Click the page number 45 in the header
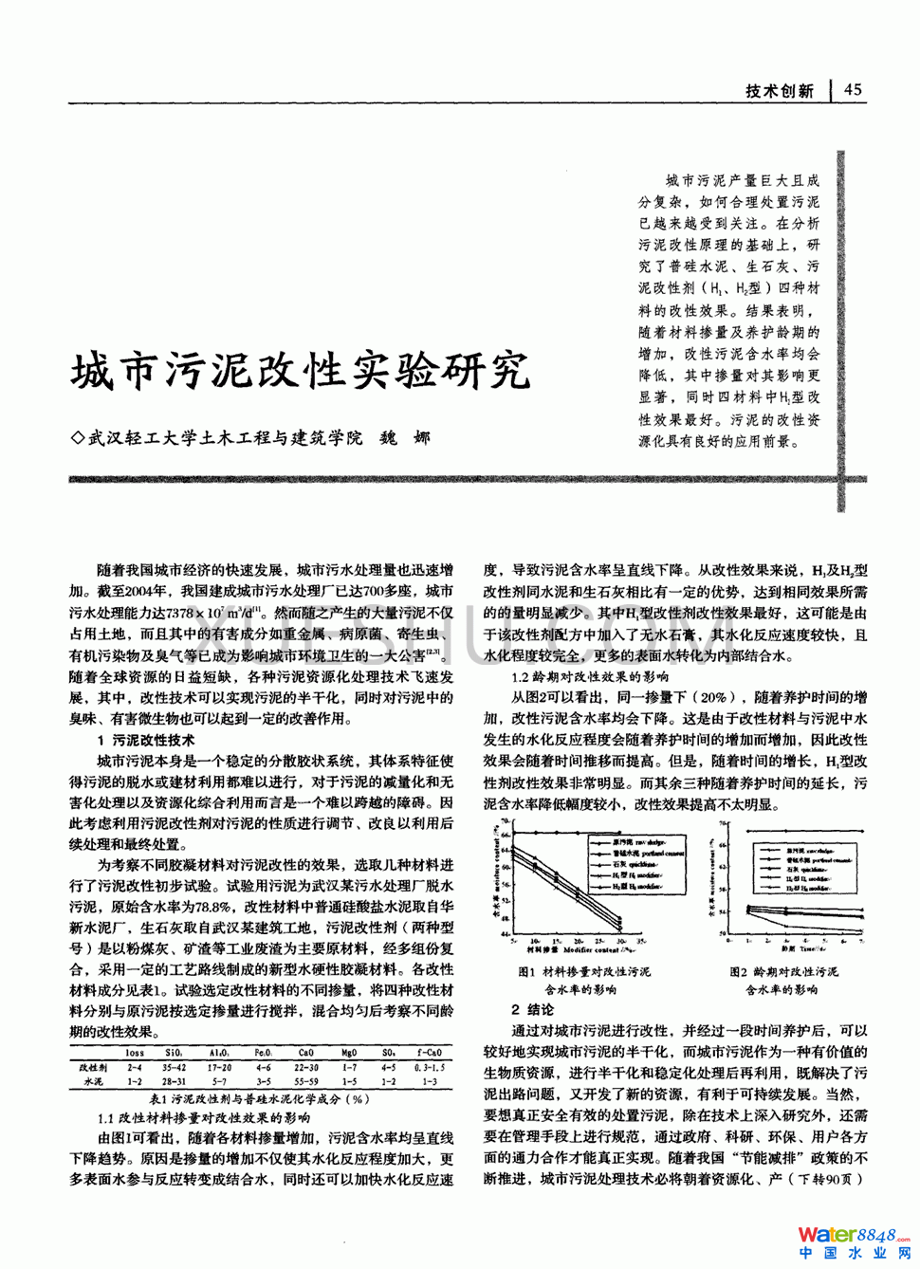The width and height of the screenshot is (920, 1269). pyautogui.click(x=853, y=89)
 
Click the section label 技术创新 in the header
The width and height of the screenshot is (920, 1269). pyautogui.click(x=780, y=90)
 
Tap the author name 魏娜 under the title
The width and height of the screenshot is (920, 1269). pyautogui.click(x=405, y=437)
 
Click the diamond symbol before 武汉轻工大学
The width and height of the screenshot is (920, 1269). pyautogui.click(x=78, y=438)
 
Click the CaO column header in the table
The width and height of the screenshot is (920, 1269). pyautogui.click(x=305, y=1053)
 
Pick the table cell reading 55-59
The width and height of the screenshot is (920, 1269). pyautogui.click(x=305, y=1081)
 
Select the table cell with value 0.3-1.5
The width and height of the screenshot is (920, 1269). pyautogui.click(x=430, y=1067)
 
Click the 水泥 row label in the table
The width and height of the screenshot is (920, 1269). pyautogui.click(x=93, y=1081)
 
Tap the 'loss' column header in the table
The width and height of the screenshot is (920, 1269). pyautogui.click(x=135, y=1053)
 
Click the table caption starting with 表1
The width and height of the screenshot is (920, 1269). pyautogui.click(x=259, y=1099)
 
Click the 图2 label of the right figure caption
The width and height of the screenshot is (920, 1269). pyautogui.click(x=738, y=972)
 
